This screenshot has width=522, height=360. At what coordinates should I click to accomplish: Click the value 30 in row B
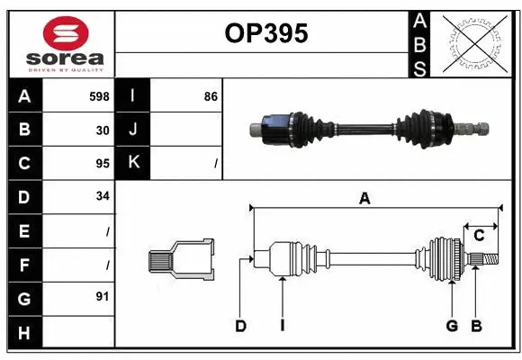pyautogui.click(x=103, y=130)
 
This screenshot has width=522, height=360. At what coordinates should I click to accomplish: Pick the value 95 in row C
pyautogui.click(x=103, y=164)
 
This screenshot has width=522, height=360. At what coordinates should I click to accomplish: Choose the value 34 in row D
pyautogui.click(x=103, y=197)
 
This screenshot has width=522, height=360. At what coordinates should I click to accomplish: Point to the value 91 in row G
pyautogui.click(x=103, y=294)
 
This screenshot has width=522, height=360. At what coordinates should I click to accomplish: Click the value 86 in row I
pyautogui.click(x=211, y=95)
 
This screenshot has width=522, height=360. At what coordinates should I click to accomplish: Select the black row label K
pyautogui.click(x=134, y=163)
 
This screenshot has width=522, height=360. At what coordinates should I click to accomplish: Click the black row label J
pyautogui.click(x=134, y=130)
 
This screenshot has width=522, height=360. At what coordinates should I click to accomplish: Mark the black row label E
pyautogui.click(x=24, y=230)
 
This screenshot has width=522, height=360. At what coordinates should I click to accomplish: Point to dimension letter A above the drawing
pyautogui.click(x=364, y=199)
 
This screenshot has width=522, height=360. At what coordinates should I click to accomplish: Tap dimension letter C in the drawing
pyautogui.click(x=479, y=235)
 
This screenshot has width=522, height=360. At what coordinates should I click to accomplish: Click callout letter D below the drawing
pyautogui.click(x=240, y=326)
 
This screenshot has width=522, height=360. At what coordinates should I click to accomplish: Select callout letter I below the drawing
pyautogui.click(x=282, y=326)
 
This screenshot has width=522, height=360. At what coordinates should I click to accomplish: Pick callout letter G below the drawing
pyautogui.click(x=452, y=326)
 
